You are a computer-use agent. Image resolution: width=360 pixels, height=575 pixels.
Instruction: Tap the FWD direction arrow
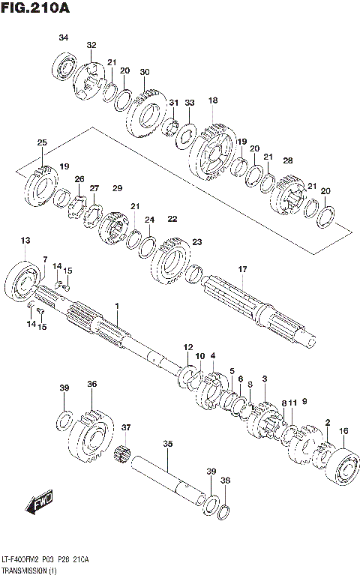coord(37,506)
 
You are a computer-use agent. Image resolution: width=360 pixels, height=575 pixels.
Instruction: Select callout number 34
coord(63,38)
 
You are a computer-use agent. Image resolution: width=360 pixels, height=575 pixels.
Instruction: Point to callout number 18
coord(213,100)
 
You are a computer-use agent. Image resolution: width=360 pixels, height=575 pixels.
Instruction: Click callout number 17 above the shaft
coord(242,269)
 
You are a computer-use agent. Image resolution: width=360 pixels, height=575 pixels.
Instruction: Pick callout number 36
coord(91,384)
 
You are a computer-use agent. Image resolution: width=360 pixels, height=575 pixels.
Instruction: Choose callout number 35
coord(168,444)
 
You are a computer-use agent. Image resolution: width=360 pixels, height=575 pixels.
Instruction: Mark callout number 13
coord(25,240)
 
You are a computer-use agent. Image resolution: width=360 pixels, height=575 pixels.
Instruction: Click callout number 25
coord(42,142)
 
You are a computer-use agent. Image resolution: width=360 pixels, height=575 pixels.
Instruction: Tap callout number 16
coord(343,431)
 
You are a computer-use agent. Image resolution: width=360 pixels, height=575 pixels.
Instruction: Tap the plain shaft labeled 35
coord(169,480)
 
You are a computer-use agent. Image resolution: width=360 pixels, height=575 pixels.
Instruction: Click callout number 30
coord(145,72)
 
